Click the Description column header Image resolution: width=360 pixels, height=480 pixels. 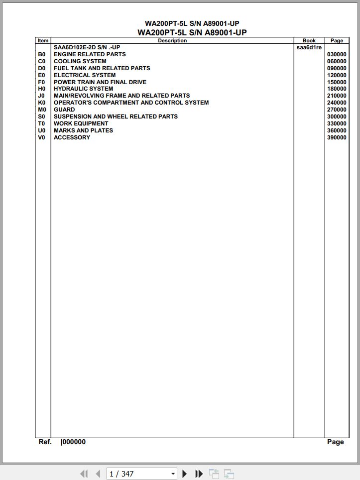click(172, 41)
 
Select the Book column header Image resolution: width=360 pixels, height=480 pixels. click(309, 41)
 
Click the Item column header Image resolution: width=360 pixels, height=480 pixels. click(43, 41)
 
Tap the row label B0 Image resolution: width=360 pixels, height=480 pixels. click(41, 54)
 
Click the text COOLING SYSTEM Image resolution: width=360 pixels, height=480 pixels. click(80, 61)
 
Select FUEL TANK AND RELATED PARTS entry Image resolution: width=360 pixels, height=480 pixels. click(102, 68)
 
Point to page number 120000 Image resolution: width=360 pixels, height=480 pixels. click(337, 75)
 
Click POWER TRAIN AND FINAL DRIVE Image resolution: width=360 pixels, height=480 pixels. click(100, 82)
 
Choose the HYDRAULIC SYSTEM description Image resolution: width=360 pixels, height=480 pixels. click(83, 89)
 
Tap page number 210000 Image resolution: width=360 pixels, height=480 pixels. click(337, 96)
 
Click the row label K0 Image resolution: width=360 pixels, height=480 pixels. click(41, 103)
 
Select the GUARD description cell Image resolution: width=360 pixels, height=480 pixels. click(64, 110)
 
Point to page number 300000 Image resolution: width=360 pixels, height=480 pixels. click(337, 117)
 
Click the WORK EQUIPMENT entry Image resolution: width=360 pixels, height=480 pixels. click(81, 123)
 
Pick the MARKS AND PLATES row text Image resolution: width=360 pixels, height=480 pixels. click(83, 130)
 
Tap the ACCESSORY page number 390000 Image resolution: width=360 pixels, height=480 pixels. click(337, 137)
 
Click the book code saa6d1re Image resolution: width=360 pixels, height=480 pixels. click(309, 48)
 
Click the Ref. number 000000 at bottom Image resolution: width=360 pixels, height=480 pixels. click(73, 442)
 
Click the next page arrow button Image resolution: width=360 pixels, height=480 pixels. click(185, 474)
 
